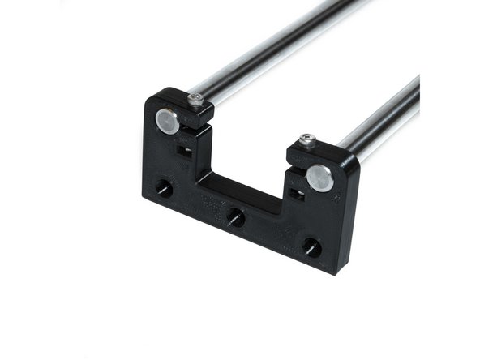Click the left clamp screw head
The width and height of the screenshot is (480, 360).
click(x=195, y=100)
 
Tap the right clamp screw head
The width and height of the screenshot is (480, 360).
click(x=307, y=141)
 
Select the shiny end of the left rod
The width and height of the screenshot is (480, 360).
click(x=167, y=122)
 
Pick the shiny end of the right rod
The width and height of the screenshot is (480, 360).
click(x=319, y=178)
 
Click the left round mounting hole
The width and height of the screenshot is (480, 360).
click(x=164, y=189)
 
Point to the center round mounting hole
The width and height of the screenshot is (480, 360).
click(x=235, y=217)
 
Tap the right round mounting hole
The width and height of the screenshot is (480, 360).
click(x=311, y=247)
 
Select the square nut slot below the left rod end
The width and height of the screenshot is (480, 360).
click(x=183, y=151)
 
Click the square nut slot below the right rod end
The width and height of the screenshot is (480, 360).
click(x=296, y=194)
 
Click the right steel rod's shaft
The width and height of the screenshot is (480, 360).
click(x=381, y=122)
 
